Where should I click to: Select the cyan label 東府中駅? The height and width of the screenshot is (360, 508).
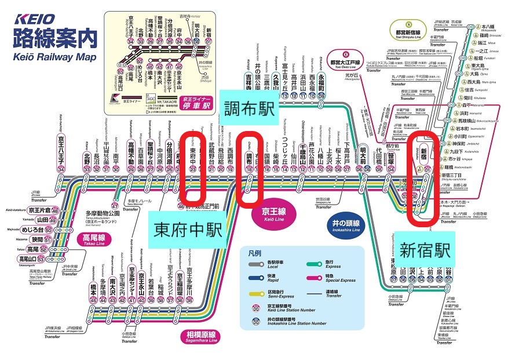pyautogui.click(x=189, y=229)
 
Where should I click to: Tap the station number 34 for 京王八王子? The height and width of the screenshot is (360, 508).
pyautogui.click(x=61, y=169)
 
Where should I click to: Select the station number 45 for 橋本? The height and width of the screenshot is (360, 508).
pyautogui.click(x=94, y=300)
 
